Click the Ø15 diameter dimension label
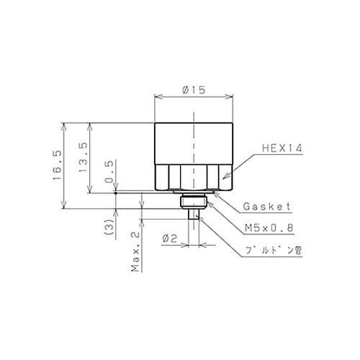[194, 90]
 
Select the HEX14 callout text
[282, 148]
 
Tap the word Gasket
[267, 207]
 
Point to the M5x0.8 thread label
[269, 228]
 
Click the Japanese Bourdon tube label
[274, 251]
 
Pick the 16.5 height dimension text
[58, 166]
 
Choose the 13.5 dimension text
[83, 157]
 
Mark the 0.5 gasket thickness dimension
[109, 172]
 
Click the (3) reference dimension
[109, 227]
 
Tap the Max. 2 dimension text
[135, 252]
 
